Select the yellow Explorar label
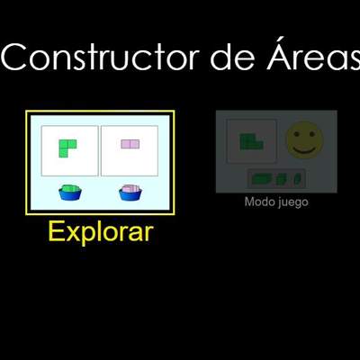pyautogui.click(x=100, y=232)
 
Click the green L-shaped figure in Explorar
pyautogui.click(x=67, y=147)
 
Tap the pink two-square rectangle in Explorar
pyautogui.click(x=130, y=144)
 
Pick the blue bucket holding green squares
pyautogui.click(x=69, y=193)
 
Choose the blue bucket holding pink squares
pyautogui.click(x=131, y=193)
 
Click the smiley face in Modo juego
pyautogui.click(x=304, y=139)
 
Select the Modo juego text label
pyautogui.click(x=276, y=202)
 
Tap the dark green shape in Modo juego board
pyautogui.click(x=250, y=141)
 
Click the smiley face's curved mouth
pyautogui.click(x=304, y=147)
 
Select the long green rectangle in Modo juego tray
pyautogui.click(x=263, y=176)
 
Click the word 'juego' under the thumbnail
pyautogui.click(x=291, y=202)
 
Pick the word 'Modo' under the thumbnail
pyautogui.click(x=258, y=202)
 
